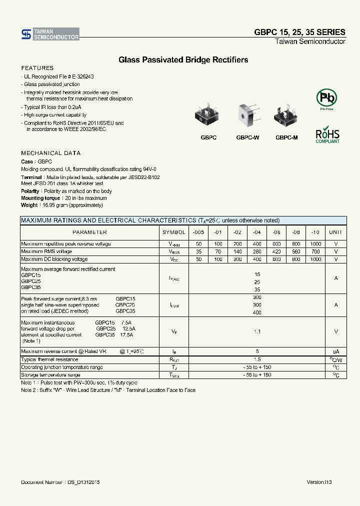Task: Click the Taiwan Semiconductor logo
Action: [x=50, y=34]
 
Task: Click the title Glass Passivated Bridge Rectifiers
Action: [x=183, y=60]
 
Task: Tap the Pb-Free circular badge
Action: [x=326, y=97]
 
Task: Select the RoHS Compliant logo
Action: [x=327, y=135]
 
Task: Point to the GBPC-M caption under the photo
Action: [x=286, y=137]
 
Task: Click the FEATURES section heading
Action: [x=37, y=68]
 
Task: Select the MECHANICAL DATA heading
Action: [x=50, y=153]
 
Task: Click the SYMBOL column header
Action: [x=173, y=232]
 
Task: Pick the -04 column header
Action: [x=256, y=232]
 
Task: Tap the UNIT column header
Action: [x=335, y=232]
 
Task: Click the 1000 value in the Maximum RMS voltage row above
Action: [x=315, y=244]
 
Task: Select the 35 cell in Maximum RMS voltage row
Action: [x=198, y=252]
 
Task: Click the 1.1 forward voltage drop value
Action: [x=257, y=331]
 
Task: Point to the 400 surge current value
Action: [x=257, y=312]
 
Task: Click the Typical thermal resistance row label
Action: [x=49, y=359]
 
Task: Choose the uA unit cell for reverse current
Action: [x=335, y=351]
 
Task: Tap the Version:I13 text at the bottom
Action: [x=319, y=482]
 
